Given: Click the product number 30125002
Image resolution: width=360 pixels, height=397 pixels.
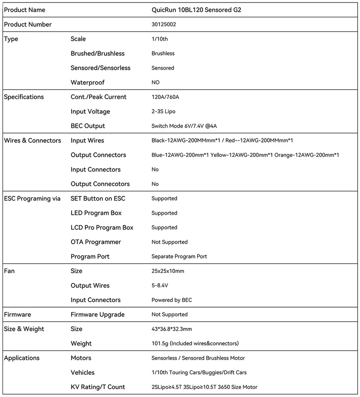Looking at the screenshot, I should point(164,24).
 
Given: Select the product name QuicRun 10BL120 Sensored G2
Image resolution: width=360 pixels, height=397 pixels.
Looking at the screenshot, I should point(196,10).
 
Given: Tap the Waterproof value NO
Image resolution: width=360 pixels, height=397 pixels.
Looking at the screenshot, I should point(155,82).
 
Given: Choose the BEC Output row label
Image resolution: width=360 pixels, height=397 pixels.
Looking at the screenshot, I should point(88,126).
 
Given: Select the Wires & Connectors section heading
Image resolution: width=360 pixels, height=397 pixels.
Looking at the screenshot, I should point(33,141).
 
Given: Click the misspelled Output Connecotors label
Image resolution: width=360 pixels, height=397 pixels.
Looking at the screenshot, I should point(100,184).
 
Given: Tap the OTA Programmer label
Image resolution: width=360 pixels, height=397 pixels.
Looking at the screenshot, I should point(96,242).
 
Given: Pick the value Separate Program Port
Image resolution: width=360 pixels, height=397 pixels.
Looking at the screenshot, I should point(179,256).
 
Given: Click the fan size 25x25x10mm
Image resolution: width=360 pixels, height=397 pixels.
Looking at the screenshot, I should point(168,271).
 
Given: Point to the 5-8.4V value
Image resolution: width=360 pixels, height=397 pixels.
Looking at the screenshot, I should point(160,285).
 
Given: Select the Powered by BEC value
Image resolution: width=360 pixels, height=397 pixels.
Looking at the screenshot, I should point(172,300).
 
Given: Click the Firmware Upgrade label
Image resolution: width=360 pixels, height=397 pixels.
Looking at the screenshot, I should point(98,314).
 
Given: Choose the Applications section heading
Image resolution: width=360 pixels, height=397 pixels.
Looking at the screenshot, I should point(22,358).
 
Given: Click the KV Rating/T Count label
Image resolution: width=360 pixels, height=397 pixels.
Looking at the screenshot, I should point(98,387).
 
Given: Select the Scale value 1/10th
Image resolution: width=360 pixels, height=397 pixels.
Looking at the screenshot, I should point(160,39).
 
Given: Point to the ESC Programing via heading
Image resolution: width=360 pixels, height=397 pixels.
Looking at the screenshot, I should point(32,198).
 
